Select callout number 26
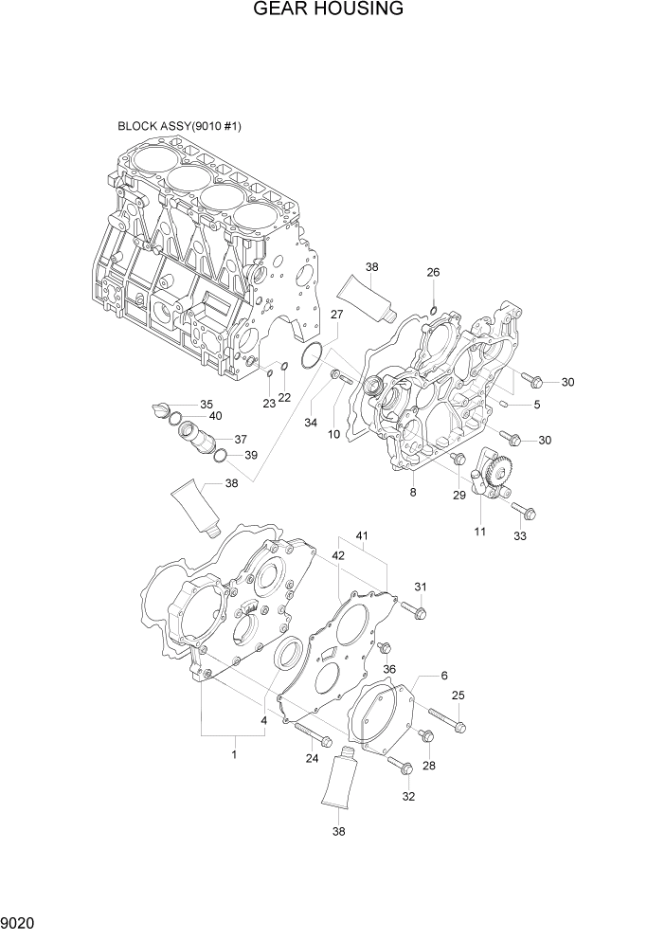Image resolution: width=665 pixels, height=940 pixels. coord(433,273)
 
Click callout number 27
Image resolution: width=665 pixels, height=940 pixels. coord(336,315)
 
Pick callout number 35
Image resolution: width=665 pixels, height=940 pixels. coord(206,405)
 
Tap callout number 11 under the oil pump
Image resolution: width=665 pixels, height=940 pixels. coord(479,532)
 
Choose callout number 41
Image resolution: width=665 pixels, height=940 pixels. coord(361,537)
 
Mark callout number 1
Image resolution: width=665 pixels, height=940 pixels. coord(234,753)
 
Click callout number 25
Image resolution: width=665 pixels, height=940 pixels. coord(458,696)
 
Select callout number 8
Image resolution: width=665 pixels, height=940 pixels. coord(413,493)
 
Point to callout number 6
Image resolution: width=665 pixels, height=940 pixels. coord(442,675)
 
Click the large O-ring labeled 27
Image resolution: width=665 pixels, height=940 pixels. coord(309,358)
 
